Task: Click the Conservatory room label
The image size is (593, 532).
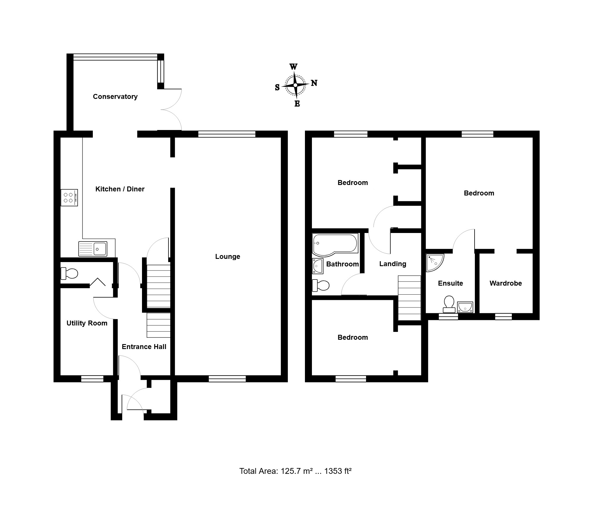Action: (x=115, y=97)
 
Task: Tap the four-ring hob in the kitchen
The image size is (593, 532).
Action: (x=69, y=198)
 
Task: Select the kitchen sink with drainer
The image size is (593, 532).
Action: (x=93, y=249)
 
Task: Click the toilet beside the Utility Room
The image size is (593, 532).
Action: (x=69, y=274)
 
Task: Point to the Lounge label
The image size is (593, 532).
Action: (x=228, y=256)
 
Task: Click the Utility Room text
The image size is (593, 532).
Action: (x=87, y=323)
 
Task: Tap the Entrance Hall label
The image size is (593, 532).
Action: (x=144, y=347)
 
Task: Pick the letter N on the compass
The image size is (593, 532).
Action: (x=314, y=83)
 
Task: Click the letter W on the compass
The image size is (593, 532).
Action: (x=293, y=67)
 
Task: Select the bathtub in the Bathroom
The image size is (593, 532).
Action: (x=335, y=245)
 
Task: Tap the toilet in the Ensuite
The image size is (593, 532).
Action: (x=449, y=304)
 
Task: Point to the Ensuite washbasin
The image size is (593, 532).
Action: (x=465, y=307)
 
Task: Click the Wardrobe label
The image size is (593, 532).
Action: (x=506, y=283)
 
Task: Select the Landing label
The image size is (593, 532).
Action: (x=393, y=264)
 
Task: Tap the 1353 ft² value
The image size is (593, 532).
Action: (x=338, y=471)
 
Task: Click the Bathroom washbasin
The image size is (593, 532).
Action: (x=317, y=266)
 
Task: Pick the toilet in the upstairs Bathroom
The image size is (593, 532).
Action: (x=321, y=286)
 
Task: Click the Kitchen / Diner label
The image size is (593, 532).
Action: (x=120, y=189)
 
